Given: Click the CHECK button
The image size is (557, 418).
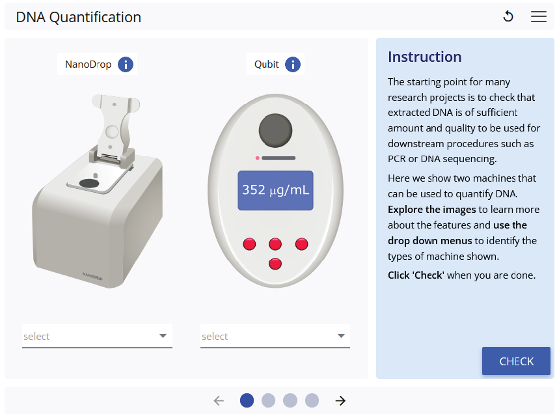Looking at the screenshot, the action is [x=516, y=361].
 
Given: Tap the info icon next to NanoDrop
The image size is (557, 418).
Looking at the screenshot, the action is [x=126, y=64].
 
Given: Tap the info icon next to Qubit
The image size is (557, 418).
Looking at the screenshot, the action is [x=293, y=64].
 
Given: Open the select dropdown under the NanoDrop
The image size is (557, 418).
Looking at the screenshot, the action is [x=97, y=336].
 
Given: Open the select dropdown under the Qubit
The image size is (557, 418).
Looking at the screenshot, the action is [x=275, y=336].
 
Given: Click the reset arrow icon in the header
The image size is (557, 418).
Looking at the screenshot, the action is [x=508, y=16].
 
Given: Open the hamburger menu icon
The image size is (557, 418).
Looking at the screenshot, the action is [x=539, y=16].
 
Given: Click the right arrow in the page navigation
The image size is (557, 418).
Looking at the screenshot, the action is [x=340, y=400].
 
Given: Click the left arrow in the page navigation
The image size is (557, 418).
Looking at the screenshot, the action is [x=219, y=400].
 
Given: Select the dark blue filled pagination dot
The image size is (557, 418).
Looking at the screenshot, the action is [x=247, y=400].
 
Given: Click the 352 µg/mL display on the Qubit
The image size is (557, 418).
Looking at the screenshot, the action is [x=276, y=190].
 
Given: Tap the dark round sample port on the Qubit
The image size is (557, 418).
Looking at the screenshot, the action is [x=275, y=130].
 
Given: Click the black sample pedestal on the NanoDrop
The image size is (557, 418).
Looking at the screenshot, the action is [x=88, y=183].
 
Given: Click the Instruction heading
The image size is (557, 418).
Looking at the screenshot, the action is [x=424, y=57].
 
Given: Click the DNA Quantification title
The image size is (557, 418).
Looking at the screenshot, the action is [x=79, y=17].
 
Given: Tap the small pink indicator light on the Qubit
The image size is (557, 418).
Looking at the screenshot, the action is [x=257, y=158].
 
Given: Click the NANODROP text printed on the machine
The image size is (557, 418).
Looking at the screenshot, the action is [x=92, y=276].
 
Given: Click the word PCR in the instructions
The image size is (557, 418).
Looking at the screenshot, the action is [x=397, y=158].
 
